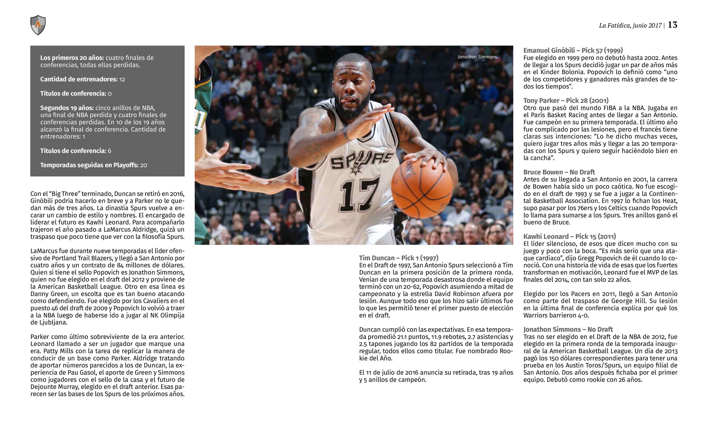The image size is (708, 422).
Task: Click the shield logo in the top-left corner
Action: coord(38,25)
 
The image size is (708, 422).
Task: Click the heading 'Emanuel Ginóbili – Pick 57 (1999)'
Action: coord(573,50)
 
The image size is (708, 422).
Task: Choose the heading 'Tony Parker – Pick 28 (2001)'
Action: coord(566,100)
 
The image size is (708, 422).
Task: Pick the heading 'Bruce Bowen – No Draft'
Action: coord(559,172)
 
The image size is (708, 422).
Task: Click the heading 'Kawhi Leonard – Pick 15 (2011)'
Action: coord(569,236)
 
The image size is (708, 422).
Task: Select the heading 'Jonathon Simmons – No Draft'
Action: coord(568,329)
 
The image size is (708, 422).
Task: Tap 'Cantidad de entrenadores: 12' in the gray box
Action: coord(82,79)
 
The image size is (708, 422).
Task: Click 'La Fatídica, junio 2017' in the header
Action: coord(630,25)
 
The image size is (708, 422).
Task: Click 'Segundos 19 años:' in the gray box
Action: coord(67,108)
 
